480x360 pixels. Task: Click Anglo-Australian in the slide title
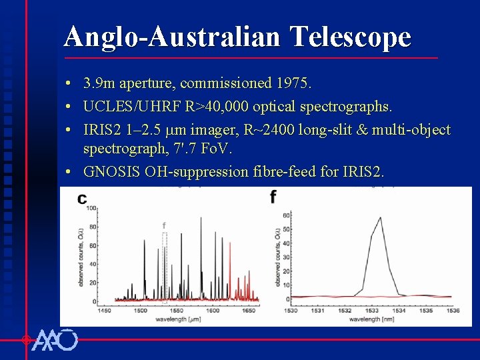coord(172,37)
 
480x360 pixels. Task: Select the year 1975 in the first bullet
coord(295,84)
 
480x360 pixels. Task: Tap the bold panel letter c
coord(82,198)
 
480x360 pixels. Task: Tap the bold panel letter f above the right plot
coord(273,197)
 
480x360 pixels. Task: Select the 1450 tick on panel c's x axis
coord(105,311)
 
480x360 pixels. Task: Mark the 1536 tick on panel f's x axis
coord(452,311)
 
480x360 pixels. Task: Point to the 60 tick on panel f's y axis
coord(286,215)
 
